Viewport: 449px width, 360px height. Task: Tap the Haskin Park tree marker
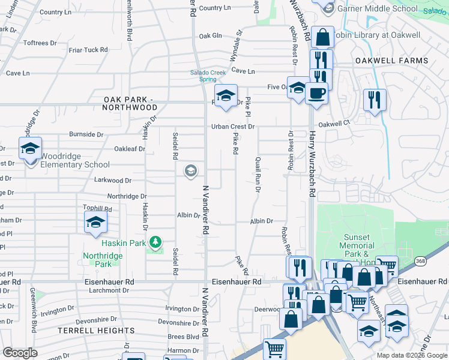[x=155, y=242]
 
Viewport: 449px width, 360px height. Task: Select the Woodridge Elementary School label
[x=75, y=164]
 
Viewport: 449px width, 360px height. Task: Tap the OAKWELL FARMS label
[x=391, y=61]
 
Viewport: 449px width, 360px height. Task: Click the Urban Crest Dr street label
[x=233, y=127]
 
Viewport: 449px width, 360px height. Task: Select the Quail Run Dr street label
[x=258, y=174]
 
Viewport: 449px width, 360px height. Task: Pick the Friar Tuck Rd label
[x=88, y=50]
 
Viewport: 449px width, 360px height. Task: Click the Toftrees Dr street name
[x=40, y=43]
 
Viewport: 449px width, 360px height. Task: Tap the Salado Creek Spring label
[x=208, y=76]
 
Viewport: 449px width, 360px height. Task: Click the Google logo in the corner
[x=20, y=353]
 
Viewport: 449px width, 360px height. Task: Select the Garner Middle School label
[x=378, y=9]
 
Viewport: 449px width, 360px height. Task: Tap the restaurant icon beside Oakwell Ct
[x=375, y=100]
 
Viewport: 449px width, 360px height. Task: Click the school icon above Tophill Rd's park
[x=95, y=223]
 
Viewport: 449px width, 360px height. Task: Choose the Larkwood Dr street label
[x=112, y=180]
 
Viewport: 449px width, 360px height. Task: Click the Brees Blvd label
[x=182, y=337]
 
